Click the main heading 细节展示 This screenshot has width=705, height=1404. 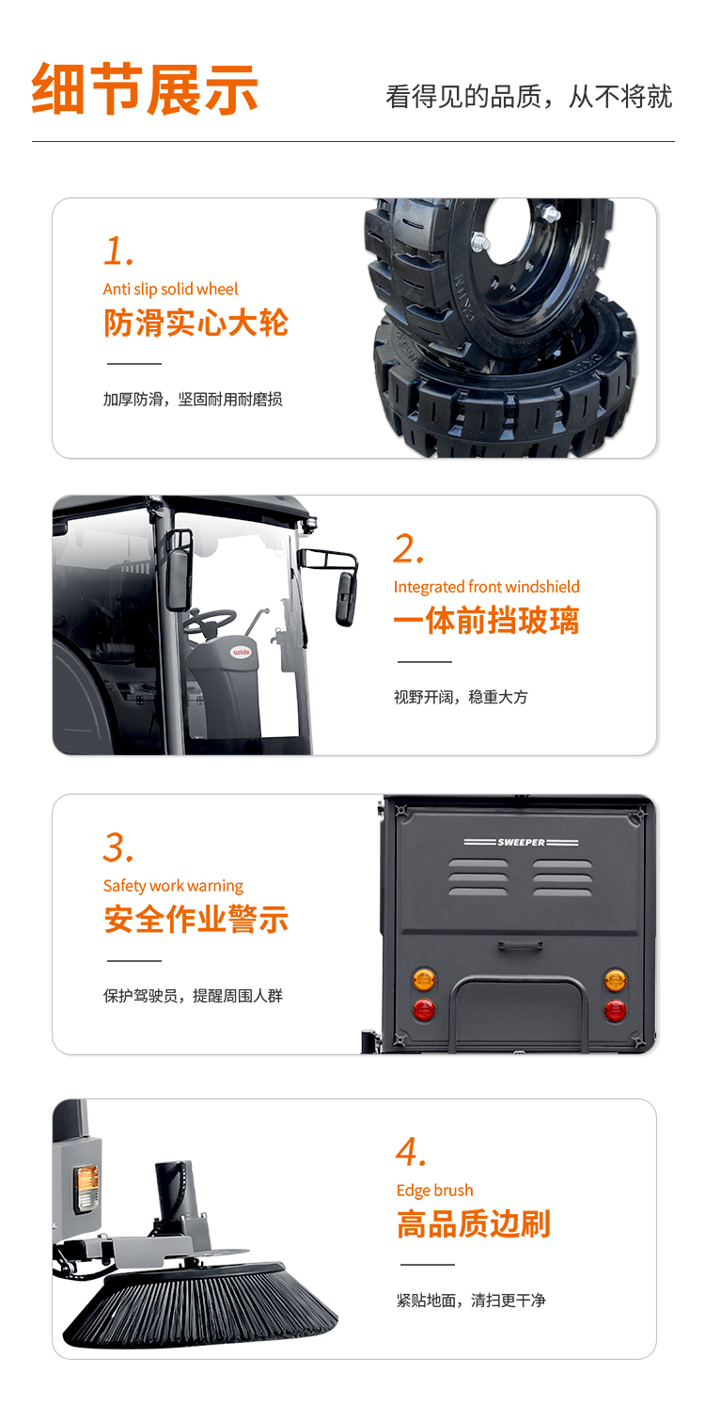pyautogui.click(x=145, y=89)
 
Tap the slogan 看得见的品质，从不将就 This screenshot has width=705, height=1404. pyautogui.click(x=529, y=97)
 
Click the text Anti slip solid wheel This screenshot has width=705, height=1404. pyautogui.click(x=170, y=289)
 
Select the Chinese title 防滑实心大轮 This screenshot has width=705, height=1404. pyautogui.click(x=196, y=323)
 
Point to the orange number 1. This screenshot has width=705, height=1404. pyautogui.click(x=118, y=251)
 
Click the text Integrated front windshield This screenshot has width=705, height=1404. pyautogui.click(x=486, y=587)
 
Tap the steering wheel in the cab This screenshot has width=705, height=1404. pyautogui.click(x=210, y=622)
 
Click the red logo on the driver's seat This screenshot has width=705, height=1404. pyautogui.click(x=242, y=652)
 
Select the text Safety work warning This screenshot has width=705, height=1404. pyautogui.click(x=173, y=886)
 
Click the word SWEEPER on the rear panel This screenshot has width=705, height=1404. pyautogui.click(x=522, y=843)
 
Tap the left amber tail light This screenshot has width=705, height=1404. pyautogui.click(x=424, y=979)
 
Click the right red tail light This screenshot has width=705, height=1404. pyautogui.click(x=615, y=1010)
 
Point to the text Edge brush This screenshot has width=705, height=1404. pyautogui.click(x=435, y=1191)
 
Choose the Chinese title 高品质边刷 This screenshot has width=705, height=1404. pyautogui.click(x=474, y=1224)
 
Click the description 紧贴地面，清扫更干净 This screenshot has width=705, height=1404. pyautogui.click(x=471, y=1301)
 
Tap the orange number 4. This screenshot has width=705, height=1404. pyautogui.click(x=411, y=1153)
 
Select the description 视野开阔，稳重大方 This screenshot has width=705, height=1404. pyautogui.click(x=461, y=697)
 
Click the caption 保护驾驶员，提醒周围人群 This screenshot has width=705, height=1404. pyautogui.click(x=193, y=996)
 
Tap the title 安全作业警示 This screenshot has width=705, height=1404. pyautogui.click(x=196, y=920)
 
